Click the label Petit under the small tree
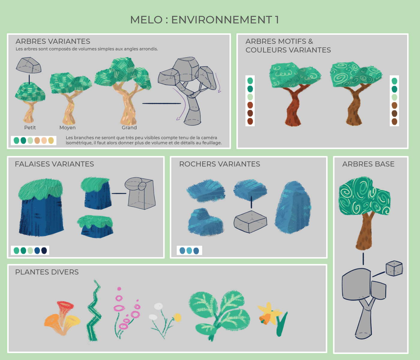point(30,127)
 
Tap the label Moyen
point(67,127)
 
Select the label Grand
point(129,127)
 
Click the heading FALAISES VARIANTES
point(54,164)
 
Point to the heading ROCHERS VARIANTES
point(219,164)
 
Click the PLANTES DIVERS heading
point(47,272)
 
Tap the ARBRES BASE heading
point(368,164)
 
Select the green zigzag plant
point(94,311)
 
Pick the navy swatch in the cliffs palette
point(44,250)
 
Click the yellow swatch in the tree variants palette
point(51,140)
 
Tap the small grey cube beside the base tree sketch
point(394,268)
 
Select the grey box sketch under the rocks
point(250,222)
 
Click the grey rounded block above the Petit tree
point(29,65)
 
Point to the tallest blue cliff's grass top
point(40,189)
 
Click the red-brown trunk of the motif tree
point(293,106)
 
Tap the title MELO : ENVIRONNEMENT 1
point(204,20)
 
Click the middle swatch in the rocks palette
point(189,250)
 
